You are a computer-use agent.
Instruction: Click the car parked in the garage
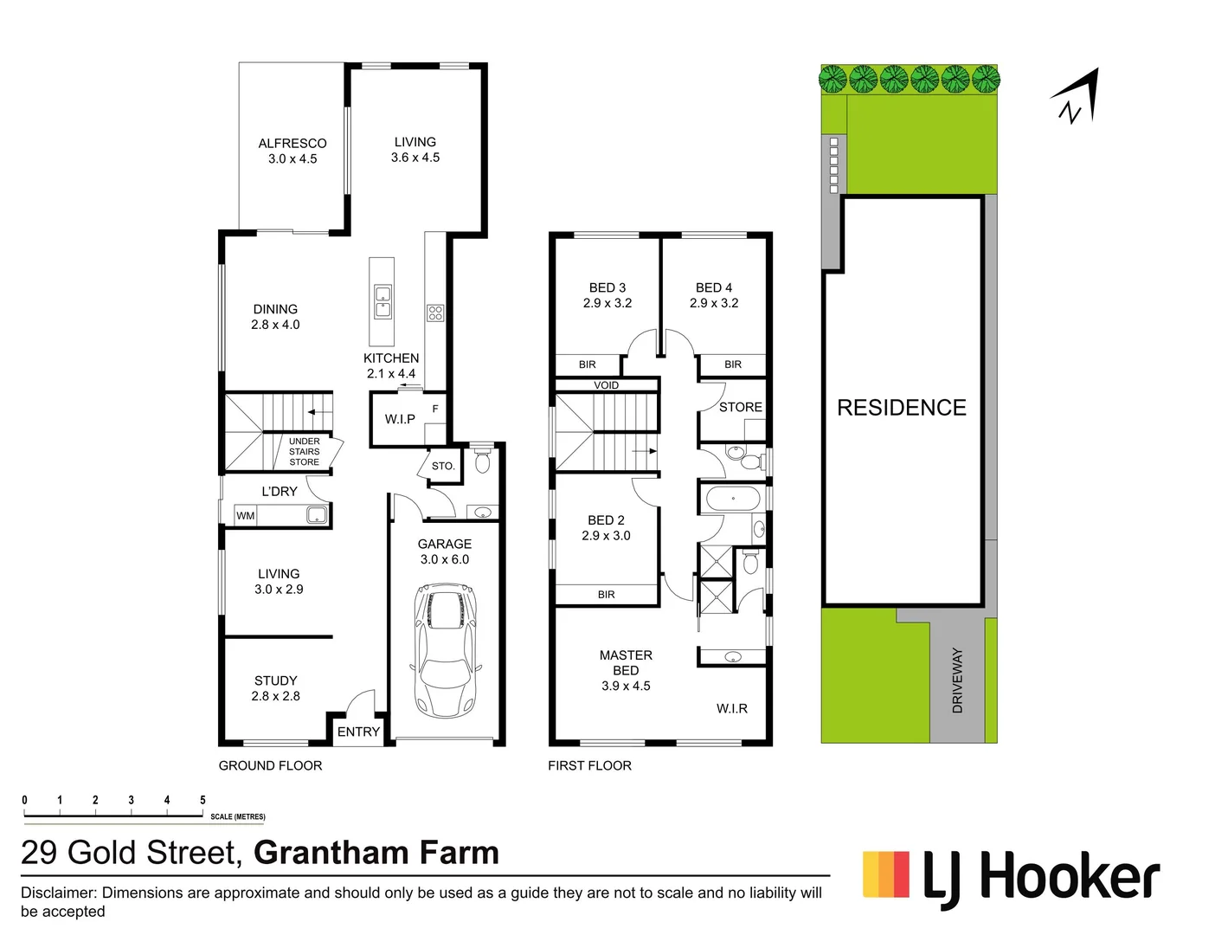click(x=446, y=650)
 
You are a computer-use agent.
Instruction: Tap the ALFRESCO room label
click(x=292, y=144)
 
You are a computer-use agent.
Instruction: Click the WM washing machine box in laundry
click(x=246, y=516)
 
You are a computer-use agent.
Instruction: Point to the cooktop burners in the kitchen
click(x=435, y=313)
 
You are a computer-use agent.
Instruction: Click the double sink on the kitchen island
click(x=382, y=301)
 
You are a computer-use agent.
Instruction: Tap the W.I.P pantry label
click(x=400, y=419)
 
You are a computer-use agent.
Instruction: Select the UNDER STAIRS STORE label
click(x=304, y=452)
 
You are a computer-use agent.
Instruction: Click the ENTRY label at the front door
click(x=358, y=732)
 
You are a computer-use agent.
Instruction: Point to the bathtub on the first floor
click(x=733, y=500)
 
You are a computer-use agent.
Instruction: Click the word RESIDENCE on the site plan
click(x=901, y=408)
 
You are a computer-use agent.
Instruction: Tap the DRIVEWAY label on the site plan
click(x=957, y=680)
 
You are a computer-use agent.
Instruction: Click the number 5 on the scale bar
click(x=202, y=801)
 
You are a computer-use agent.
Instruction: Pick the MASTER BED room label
click(x=626, y=663)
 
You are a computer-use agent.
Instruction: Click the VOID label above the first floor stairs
click(x=606, y=385)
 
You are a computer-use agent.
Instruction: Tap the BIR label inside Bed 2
click(x=606, y=595)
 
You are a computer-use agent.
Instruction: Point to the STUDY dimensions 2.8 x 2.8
click(x=275, y=696)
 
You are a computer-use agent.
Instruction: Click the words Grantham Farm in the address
click(x=376, y=853)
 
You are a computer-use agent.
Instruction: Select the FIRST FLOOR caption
click(x=589, y=765)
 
